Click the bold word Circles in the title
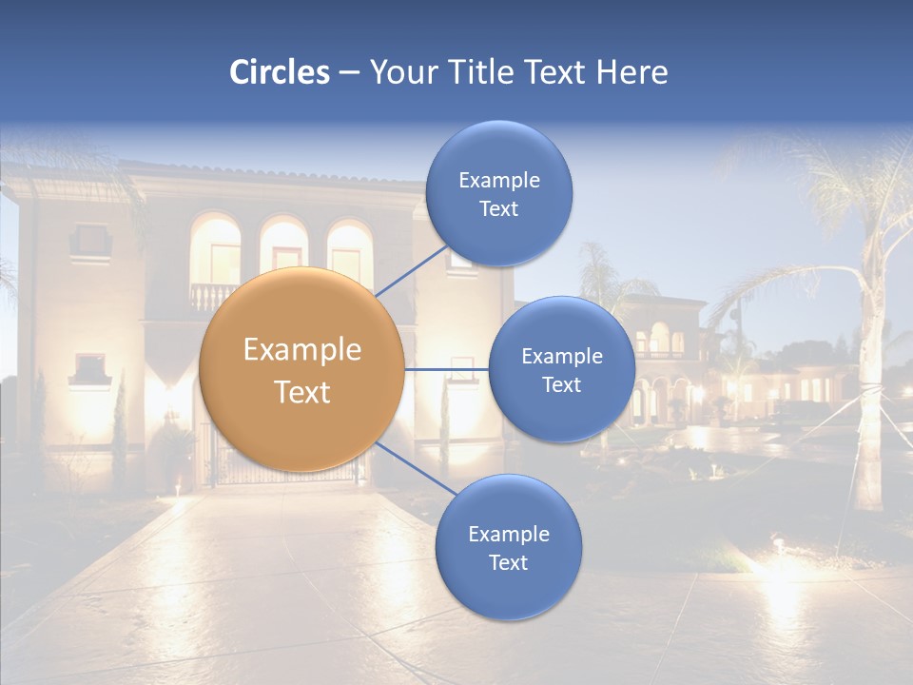point(280,72)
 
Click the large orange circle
point(302,370)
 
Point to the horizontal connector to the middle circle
point(446,369)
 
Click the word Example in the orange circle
point(302,350)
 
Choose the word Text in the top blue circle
point(498,209)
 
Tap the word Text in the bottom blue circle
point(508,562)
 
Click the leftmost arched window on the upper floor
point(215,249)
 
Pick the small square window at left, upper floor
point(90,239)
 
